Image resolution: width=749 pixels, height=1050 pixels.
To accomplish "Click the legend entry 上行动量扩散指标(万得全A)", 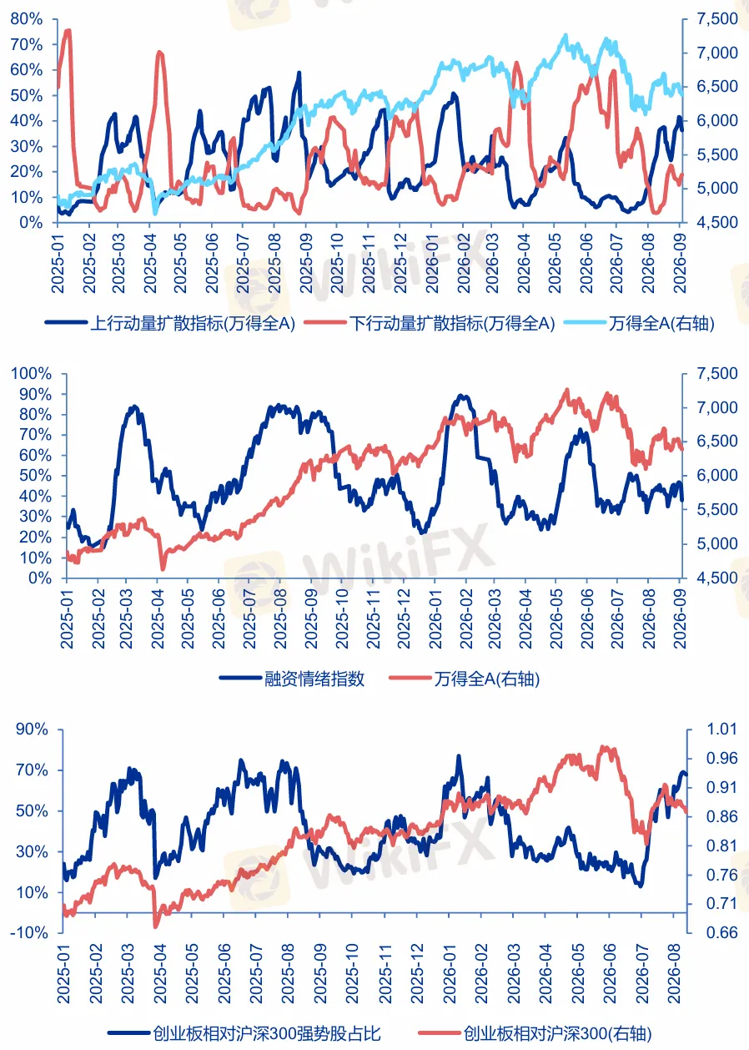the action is (x=170, y=323).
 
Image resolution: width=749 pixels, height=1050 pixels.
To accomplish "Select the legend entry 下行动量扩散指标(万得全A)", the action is (x=430, y=323).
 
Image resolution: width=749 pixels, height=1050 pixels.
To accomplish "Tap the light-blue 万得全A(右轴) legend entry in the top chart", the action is (x=640, y=323).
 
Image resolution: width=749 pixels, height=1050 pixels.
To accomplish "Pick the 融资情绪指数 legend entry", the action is (x=292, y=679).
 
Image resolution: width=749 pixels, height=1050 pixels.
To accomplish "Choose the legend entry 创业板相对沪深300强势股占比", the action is (x=244, y=1033).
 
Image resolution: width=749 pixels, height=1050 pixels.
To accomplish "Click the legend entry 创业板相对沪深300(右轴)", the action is (x=535, y=1033).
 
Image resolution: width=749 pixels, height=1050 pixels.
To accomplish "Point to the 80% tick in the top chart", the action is (x=26, y=19).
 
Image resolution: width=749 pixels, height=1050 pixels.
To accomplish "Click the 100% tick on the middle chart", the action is (x=31, y=374).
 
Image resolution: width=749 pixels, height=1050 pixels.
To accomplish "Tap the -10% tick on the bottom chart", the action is (x=29, y=932).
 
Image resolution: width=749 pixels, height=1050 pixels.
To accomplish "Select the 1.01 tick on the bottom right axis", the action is (x=721, y=729).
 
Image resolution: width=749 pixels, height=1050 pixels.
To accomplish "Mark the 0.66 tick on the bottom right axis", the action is (x=721, y=932).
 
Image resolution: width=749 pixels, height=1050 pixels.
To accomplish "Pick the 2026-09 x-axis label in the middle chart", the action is (x=679, y=618).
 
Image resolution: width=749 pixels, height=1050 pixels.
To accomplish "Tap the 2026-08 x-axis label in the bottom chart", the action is (x=673, y=973).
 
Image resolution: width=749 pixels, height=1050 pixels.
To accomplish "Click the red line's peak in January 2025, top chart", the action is (x=68, y=32).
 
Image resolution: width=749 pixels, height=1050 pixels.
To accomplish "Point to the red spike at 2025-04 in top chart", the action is (x=160, y=53).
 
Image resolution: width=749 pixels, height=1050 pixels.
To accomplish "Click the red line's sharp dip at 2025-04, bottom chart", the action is (x=156, y=926).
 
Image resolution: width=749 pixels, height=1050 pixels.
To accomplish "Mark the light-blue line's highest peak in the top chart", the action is (x=566, y=35).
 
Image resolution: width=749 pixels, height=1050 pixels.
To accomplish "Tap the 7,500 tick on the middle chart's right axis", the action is (x=717, y=374).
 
